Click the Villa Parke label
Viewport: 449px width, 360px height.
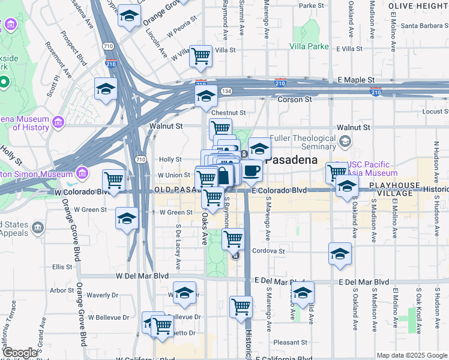(309, 46)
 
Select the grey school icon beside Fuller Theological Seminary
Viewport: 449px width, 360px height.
(345, 142)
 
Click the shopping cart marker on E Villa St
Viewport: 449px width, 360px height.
(201, 56)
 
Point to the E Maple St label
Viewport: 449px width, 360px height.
(356, 80)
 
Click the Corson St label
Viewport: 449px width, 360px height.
(294, 99)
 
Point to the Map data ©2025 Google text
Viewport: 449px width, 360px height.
(412, 355)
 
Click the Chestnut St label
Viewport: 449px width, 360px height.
(228, 112)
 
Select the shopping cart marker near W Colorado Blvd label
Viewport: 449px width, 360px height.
(113, 179)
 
